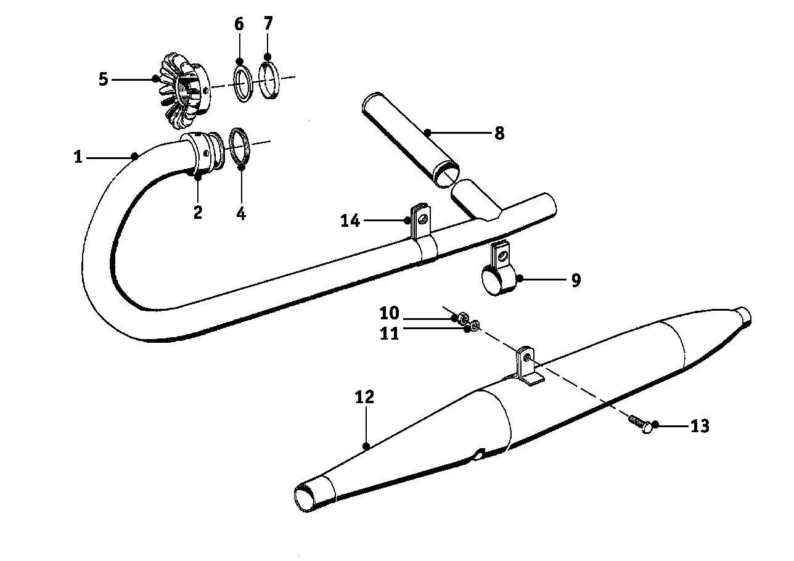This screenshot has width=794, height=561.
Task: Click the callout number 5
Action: (x=103, y=79)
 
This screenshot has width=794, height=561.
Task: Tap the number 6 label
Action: (x=239, y=24)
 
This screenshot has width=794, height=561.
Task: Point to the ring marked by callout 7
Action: (x=268, y=80)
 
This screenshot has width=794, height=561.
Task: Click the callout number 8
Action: (x=499, y=134)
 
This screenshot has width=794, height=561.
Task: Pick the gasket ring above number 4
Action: (x=240, y=146)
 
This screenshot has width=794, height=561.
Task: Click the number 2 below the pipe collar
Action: (x=198, y=212)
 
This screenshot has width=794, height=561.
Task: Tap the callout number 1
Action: (x=78, y=157)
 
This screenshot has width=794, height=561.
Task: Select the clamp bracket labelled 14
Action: (x=422, y=234)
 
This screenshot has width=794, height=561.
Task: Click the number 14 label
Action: (x=350, y=221)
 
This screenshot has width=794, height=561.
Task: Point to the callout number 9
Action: (x=576, y=280)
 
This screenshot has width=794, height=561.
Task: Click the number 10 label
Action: (x=389, y=313)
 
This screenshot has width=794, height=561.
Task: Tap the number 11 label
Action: (x=389, y=334)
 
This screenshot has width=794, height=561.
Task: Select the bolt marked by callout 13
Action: (x=640, y=425)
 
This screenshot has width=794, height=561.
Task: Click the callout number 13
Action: (x=700, y=425)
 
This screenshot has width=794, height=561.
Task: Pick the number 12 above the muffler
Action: (x=364, y=397)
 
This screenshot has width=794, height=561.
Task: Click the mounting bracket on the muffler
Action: (x=528, y=366)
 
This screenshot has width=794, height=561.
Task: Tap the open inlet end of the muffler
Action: (x=305, y=499)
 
